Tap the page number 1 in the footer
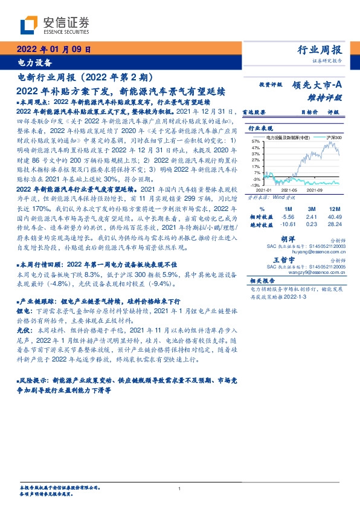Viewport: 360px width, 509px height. click(x=180, y=488)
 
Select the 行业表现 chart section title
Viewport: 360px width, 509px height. click(x=262, y=129)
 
